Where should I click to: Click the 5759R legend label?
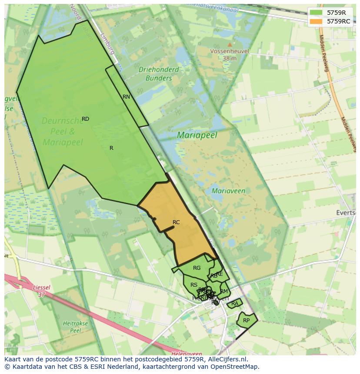(x=336, y=13)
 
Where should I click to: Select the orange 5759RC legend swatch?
(x=316, y=21)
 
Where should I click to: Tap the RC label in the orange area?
(x=176, y=222)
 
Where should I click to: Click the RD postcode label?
(x=85, y=119)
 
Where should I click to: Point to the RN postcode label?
(x=126, y=97)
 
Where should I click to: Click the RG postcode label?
(x=197, y=268)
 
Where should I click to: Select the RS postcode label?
(x=194, y=285)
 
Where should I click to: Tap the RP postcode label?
(x=246, y=321)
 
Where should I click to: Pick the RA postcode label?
(x=235, y=304)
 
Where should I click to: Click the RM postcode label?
(x=224, y=291)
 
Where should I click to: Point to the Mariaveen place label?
(x=228, y=191)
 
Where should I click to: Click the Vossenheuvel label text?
(x=230, y=51)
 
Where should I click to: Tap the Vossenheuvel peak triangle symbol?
(x=230, y=44)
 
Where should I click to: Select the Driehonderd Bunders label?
(x=159, y=74)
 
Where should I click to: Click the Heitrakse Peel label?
(x=76, y=327)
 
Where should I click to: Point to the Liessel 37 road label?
(x=41, y=291)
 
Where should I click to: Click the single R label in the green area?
(x=111, y=148)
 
